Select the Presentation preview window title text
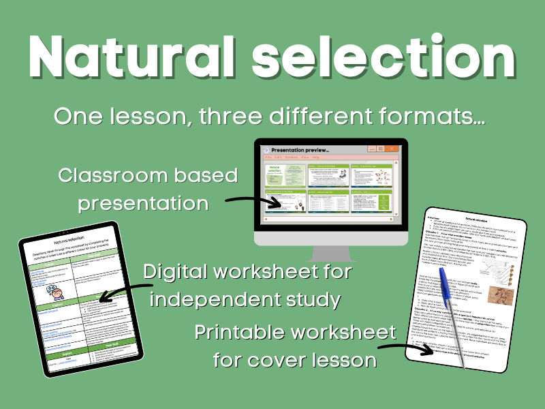[300, 149]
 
